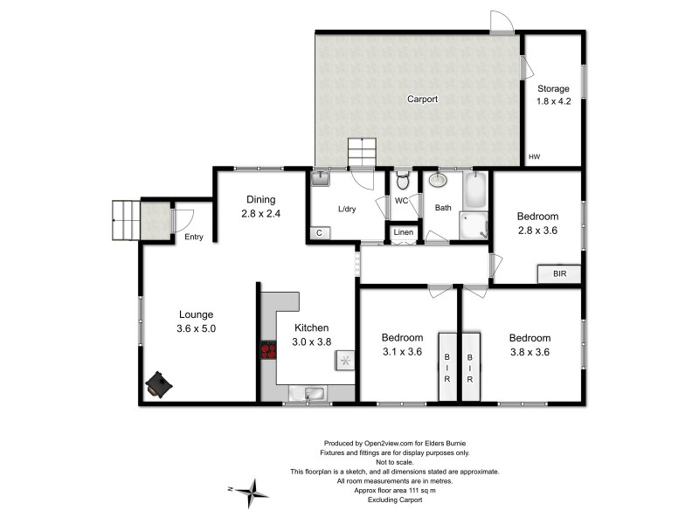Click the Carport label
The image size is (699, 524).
point(422,100)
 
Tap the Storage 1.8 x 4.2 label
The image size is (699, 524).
point(552,94)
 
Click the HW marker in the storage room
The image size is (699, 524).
point(534,157)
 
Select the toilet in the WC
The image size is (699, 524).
point(403,182)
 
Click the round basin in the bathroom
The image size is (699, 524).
point(438,182)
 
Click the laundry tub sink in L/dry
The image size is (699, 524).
point(321,178)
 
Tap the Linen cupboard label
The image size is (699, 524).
point(403,232)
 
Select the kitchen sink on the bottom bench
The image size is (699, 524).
point(315,393)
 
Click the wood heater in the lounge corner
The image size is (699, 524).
point(159,383)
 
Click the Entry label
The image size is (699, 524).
point(193,237)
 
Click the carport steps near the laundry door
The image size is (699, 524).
point(362,151)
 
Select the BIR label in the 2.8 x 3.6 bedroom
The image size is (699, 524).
point(559,274)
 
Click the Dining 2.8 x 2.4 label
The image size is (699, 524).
point(261,205)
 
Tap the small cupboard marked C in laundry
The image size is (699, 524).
point(319,233)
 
